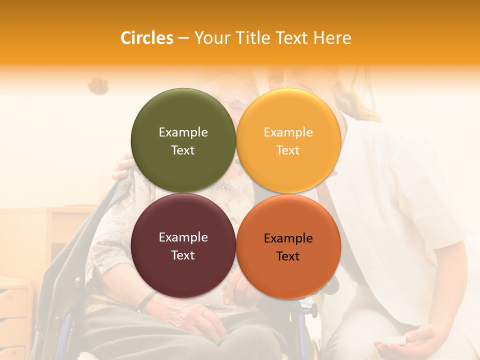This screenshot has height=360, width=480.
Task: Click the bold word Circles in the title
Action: (146, 38)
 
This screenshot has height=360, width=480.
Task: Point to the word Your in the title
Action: (210, 38)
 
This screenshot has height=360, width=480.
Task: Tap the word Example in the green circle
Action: (183, 132)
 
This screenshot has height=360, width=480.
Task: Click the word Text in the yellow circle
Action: (288, 150)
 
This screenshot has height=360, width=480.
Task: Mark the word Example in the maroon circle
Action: (183, 237)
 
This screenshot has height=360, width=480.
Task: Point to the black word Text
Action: (288, 256)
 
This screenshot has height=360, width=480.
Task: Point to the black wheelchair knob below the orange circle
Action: (312, 310)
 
